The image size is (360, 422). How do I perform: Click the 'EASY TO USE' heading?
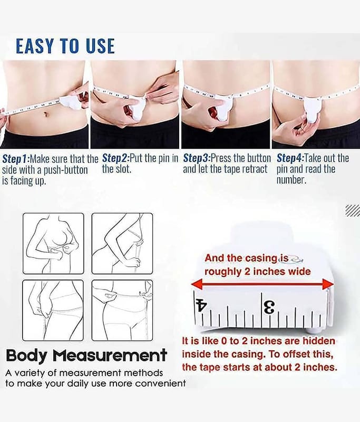pyautogui.click(x=65, y=46)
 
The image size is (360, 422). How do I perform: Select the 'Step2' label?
pyautogui.click(x=115, y=158)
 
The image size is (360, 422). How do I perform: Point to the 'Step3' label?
pyautogui.click(x=196, y=158)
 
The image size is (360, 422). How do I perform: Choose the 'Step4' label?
pyautogui.click(x=290, y=158)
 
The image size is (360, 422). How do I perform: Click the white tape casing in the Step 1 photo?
pyautogui.click(x=70, y=102)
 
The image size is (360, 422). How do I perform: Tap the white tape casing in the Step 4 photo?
pyautogui.click(x=313, y=110)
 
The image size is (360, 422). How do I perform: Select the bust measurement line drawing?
pyautogui.click(x=53, y=244)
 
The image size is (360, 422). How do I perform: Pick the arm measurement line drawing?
pyautogui.click(x=122, y=244)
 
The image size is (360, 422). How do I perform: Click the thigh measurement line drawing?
pyautogui.click(x=53, y=310)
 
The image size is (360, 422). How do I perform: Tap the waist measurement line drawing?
pyautogui.click(x=122, y=310)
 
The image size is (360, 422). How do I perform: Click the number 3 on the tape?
pyautogui.click(x=269, y=308)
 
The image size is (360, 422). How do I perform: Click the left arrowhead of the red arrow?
pyautogui.click(x=197, y=284)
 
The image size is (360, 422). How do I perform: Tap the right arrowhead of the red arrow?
pyautogui.click(x=328, y=284)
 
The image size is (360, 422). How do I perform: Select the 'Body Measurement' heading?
pyautogui.click(x=86, y=356)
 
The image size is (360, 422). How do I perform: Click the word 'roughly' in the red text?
pyautogui.click(x=223, y=272)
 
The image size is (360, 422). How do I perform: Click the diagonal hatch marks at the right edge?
pyautogui.click(x=353, y=210)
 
